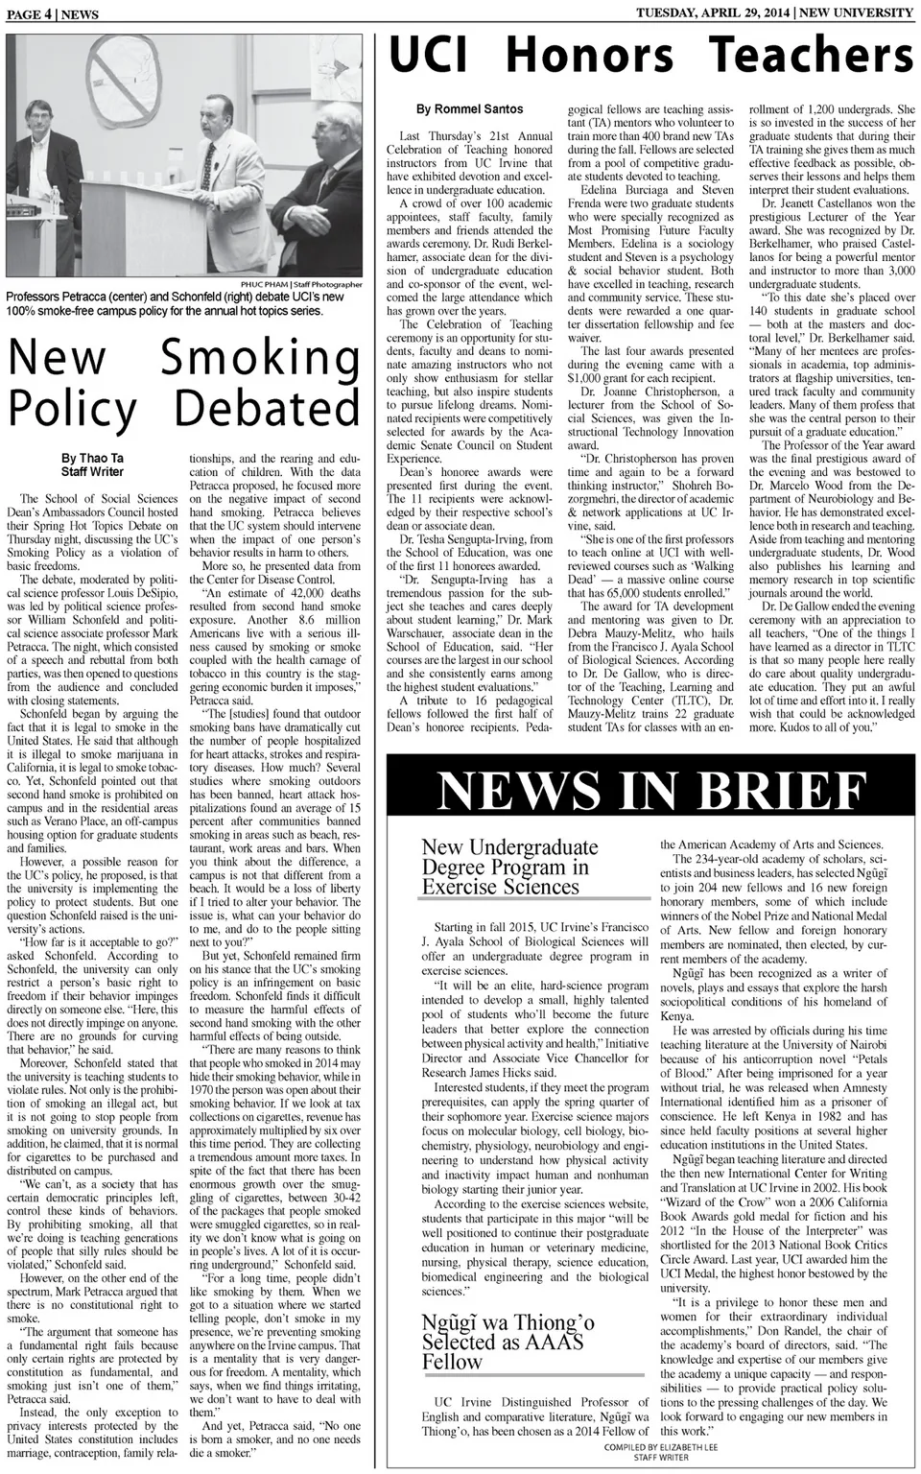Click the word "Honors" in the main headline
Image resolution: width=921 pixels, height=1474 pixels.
[x=589, y=55]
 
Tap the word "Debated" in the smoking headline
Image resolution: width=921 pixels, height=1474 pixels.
[x=267, y=408]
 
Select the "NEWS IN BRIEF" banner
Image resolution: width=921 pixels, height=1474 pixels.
[x=651, y=792]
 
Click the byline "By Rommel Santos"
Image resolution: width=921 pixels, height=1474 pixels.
[x=469, y=109]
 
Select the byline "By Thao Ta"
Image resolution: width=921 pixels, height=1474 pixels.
[x=92, y=459]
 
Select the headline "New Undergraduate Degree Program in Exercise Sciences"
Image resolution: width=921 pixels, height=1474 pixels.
[x=509, y=867]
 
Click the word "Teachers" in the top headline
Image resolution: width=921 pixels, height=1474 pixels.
[x=811, y=55]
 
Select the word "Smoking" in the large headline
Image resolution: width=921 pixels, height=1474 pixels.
[x=260, y=358]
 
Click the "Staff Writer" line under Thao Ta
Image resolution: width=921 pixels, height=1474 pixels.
[x=92, y=472]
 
